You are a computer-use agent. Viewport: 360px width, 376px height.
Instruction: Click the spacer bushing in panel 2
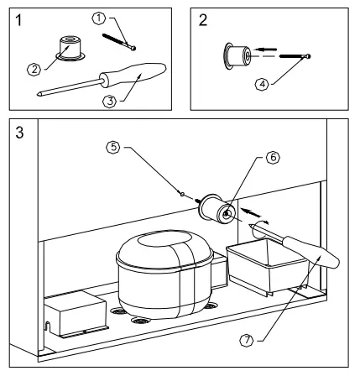(x=236, y=56)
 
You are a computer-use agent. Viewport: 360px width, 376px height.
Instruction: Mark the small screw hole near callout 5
(x=182, y=193)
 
